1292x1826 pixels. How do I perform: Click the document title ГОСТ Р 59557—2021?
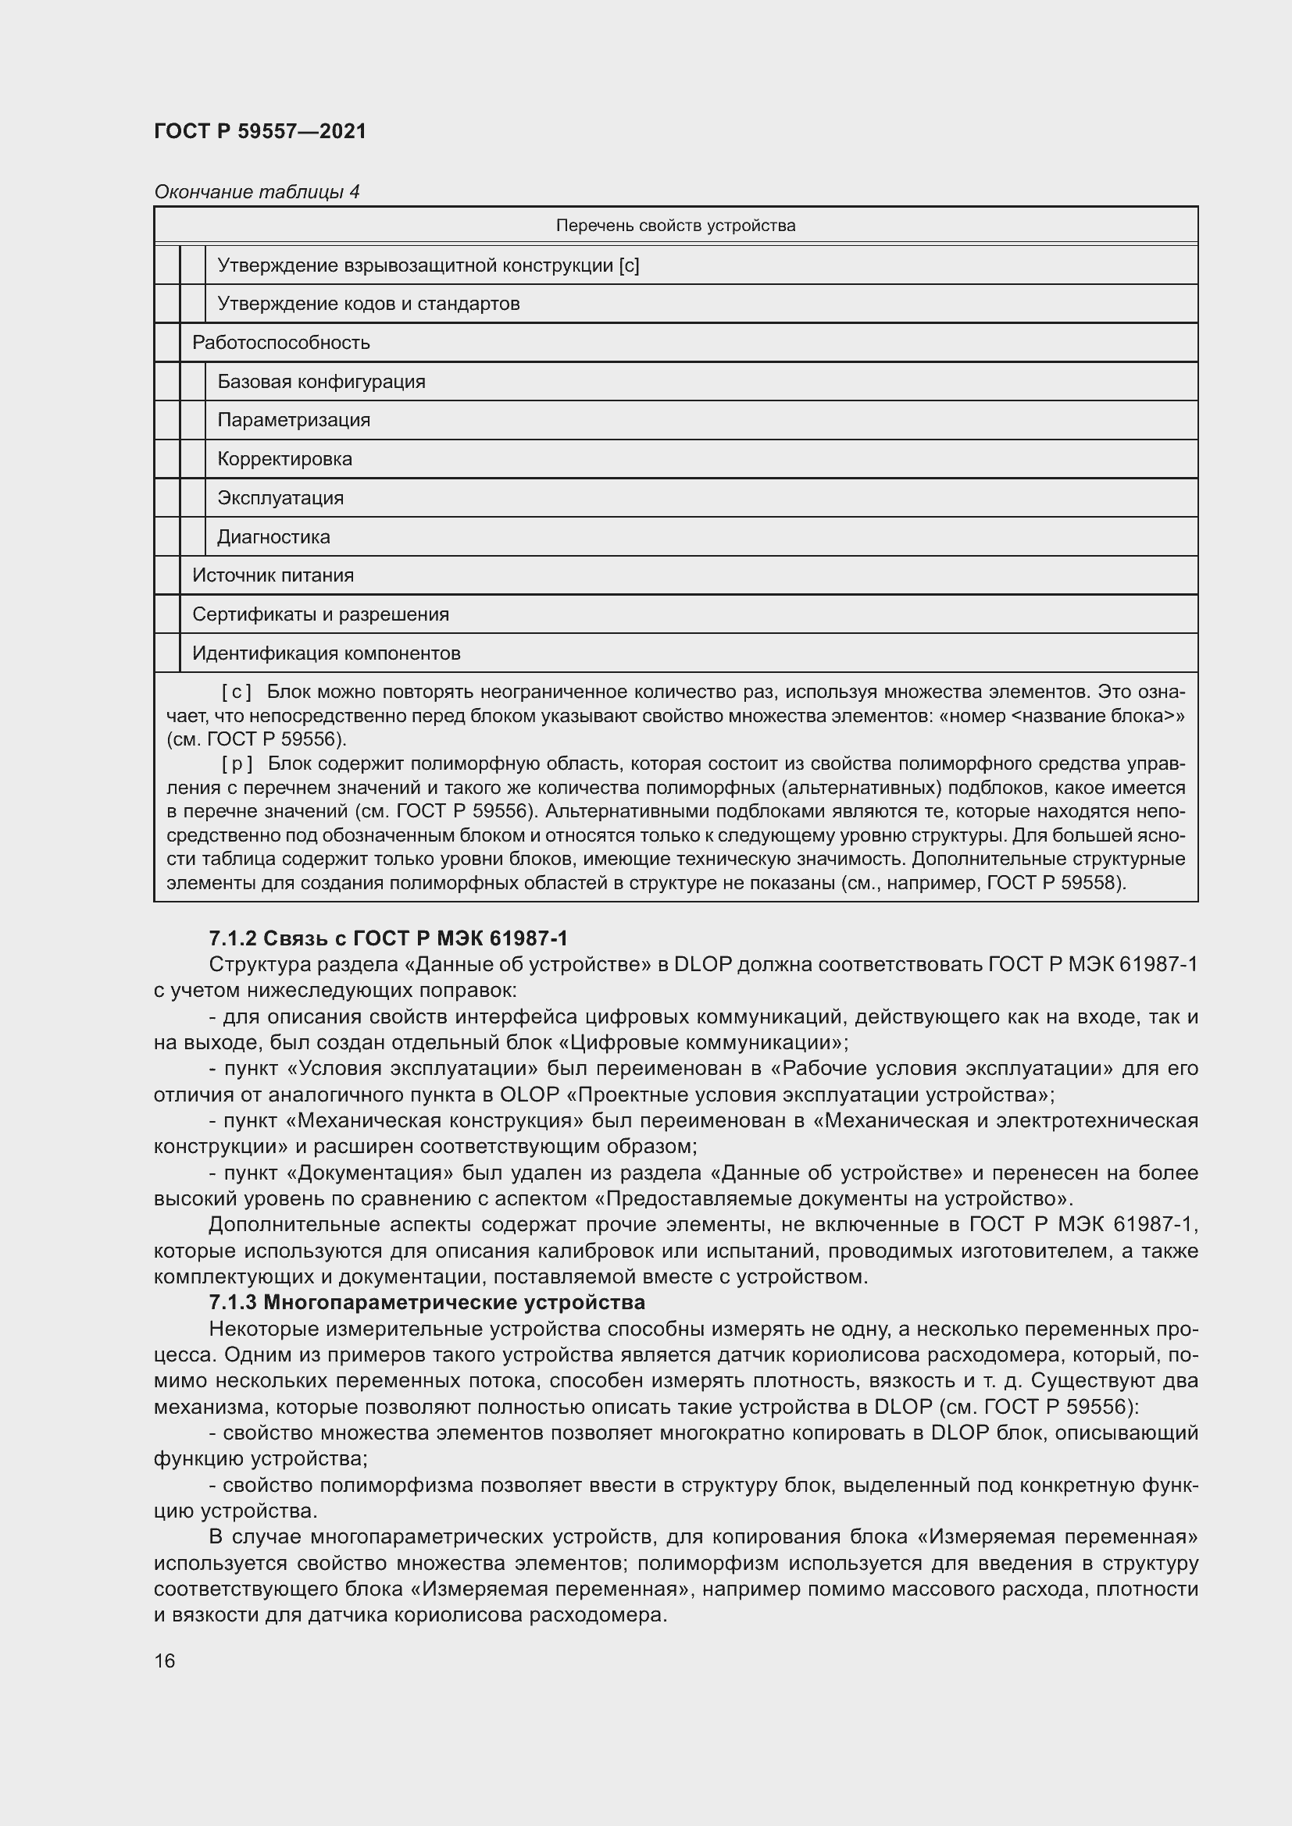point(260,131)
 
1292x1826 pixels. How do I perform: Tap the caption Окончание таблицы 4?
point(256,192)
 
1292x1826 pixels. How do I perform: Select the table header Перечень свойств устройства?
point(675,226)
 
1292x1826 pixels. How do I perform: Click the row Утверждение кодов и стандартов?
point(369,304)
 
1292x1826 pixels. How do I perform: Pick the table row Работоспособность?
point(281,343)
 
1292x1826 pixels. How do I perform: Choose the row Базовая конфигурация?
point(321,382)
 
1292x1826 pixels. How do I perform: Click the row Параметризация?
point(294,420)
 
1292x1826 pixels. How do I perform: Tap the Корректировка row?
point(284,459)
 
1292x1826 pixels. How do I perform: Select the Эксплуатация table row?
point(280,498)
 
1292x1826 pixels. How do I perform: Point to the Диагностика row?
point(273,537)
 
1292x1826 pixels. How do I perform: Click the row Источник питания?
point(273,575)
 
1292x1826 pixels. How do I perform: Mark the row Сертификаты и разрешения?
point(320,614)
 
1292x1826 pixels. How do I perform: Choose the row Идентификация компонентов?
point(327,653)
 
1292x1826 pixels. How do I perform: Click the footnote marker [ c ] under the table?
point(236,692)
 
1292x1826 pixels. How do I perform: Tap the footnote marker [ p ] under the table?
point(236,764)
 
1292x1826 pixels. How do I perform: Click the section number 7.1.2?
point(232,939)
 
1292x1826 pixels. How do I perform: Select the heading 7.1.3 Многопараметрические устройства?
point(427,1303)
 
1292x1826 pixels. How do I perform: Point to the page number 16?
point(165,1660)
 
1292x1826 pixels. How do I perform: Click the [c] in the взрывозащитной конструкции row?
point(629,265)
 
